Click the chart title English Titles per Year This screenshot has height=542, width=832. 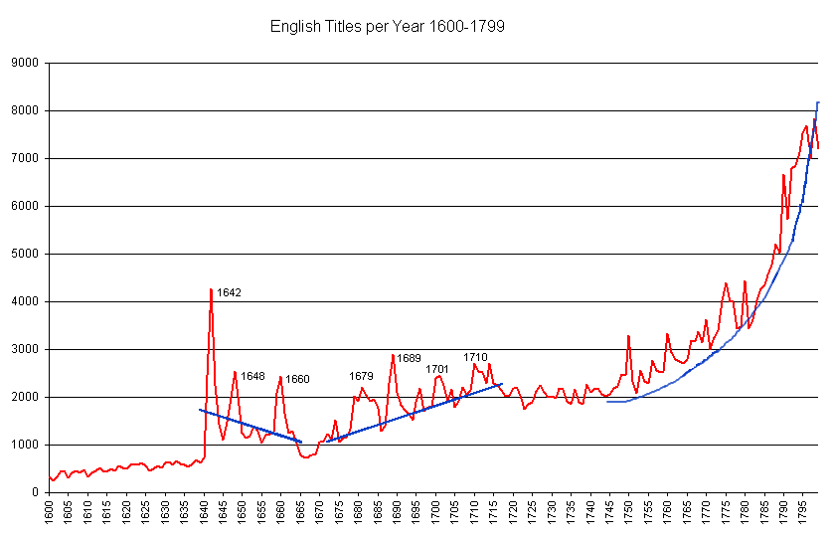coord(388,27)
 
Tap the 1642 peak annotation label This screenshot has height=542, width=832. coord(230,293)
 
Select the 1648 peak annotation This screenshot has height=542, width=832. coord(253,377)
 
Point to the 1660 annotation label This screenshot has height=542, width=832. coord(298,379)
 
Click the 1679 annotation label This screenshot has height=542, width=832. coord(361,376)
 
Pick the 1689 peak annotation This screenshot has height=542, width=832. coord(410,358)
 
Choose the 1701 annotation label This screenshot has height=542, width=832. coord(437,369)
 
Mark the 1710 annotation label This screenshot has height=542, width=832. coord(475,357)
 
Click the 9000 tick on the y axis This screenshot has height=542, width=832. coord(24,64)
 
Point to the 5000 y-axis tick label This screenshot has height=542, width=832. coord(24,254)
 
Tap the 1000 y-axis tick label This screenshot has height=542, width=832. coord(24,445)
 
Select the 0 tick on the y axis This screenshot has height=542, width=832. coord(34,492)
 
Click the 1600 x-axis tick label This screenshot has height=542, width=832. coord(50,512)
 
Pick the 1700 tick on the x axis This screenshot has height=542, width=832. coord(435,512)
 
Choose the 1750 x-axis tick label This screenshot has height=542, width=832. coord(628,512)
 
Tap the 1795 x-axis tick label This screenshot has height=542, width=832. coord(801,512)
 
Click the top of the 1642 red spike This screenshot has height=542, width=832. coord(211,289)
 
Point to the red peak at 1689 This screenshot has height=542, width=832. coord(394,355)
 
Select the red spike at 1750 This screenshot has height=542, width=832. coord(628,336)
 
